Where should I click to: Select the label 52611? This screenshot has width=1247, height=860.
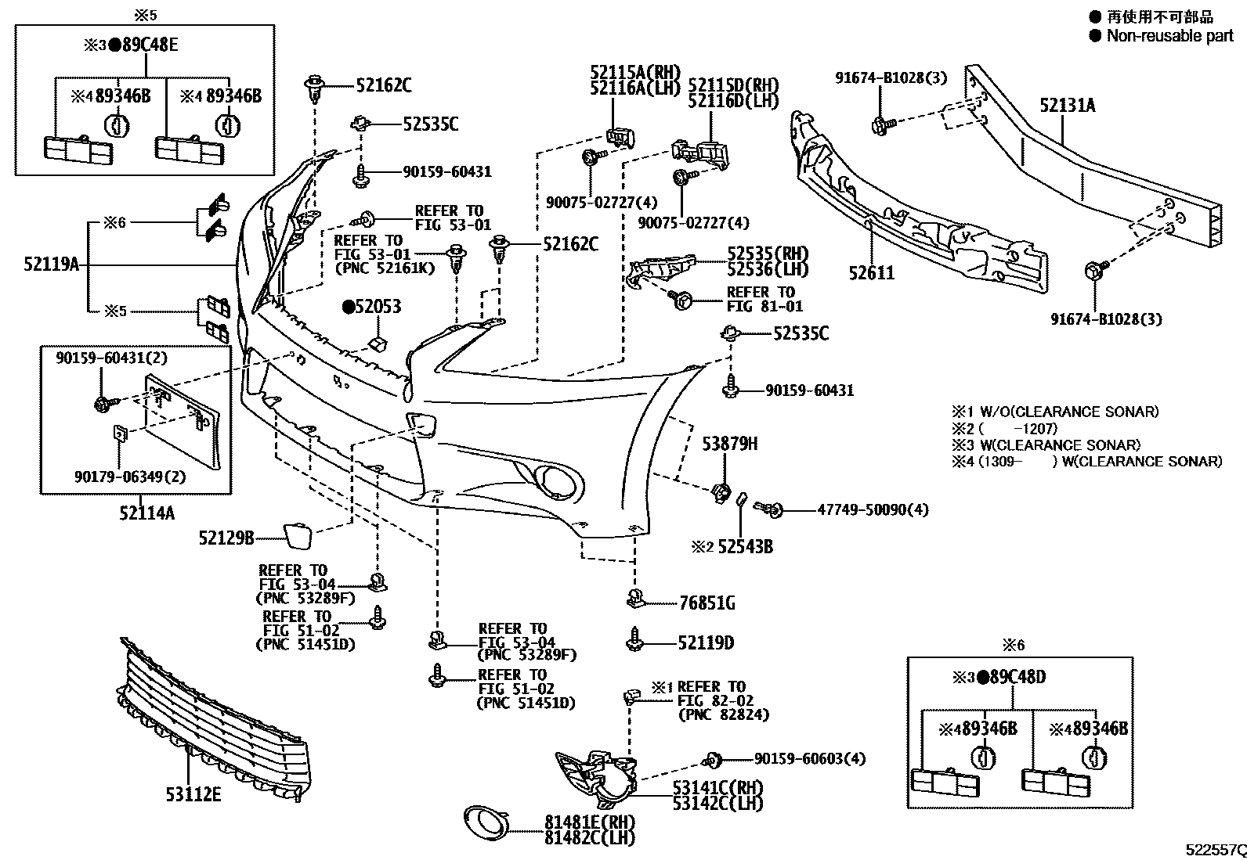871,273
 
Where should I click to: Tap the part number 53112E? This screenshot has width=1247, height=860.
193,795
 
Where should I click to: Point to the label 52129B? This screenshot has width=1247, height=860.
226,538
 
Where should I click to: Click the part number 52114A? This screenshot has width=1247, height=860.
147,513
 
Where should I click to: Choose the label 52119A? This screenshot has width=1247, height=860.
51,264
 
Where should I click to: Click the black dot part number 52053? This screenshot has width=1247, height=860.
371,307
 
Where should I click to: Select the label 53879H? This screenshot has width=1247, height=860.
729,444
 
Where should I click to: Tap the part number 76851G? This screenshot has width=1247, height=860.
707,603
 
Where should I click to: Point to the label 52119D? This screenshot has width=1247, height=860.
706,643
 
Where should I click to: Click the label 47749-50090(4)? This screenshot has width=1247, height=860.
873,510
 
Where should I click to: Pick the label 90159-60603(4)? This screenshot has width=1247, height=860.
810,759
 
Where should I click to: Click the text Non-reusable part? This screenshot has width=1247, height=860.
1169,35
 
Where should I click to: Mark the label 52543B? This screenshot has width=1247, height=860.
745,547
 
